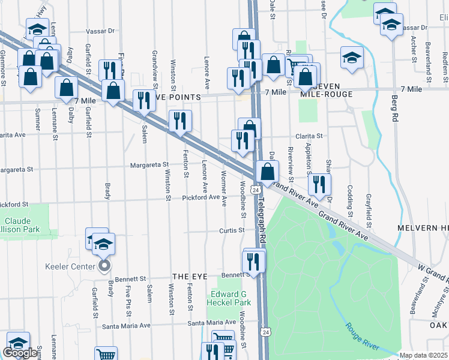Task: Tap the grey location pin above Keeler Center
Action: (x=104, y=264)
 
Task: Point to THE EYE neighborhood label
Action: (x=190, y=276)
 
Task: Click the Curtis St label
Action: (x=232, y=230)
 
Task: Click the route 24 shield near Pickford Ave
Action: (x=256, y=190)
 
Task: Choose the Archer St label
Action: (x=414, y=48)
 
